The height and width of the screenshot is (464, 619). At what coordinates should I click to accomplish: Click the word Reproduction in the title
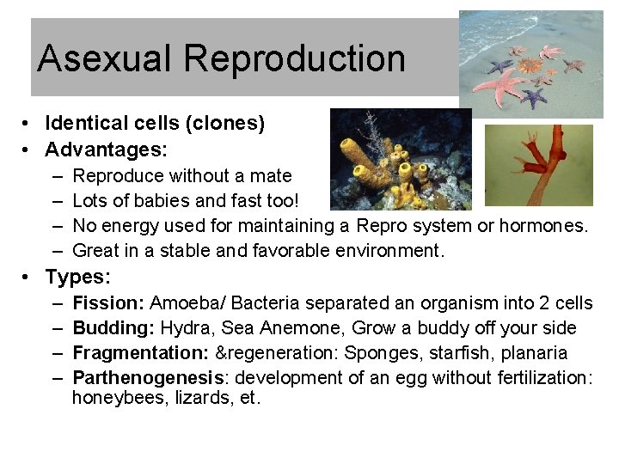(x=294, y=59)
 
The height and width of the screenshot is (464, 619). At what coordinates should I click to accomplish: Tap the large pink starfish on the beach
(x=499, y=83)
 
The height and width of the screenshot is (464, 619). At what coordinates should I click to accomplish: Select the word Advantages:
(x=106, y=150)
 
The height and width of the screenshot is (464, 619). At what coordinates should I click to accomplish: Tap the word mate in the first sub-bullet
(x=273, y=177)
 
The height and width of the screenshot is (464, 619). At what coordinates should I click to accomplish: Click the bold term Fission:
(x=108, y=303)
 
